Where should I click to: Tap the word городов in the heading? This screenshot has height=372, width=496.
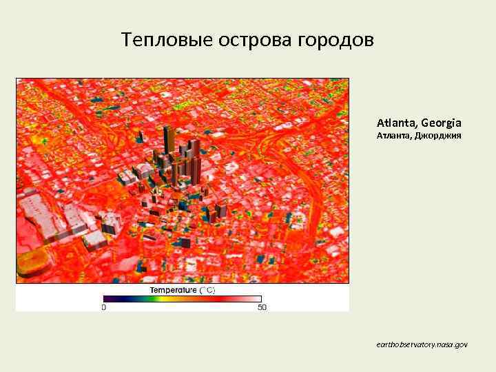tap(335, 40)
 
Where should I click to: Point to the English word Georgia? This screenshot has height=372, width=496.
tap(442, 123)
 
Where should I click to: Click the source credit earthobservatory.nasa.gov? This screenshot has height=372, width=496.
tap(422, 342)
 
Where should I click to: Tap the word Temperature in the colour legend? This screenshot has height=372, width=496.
tap(174, 290)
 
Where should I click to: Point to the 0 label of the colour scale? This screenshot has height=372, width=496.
tap(103, 307)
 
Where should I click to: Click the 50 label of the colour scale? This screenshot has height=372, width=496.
tap(262, 307)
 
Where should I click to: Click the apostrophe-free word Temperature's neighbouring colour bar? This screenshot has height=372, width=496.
tap(183, 298)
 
